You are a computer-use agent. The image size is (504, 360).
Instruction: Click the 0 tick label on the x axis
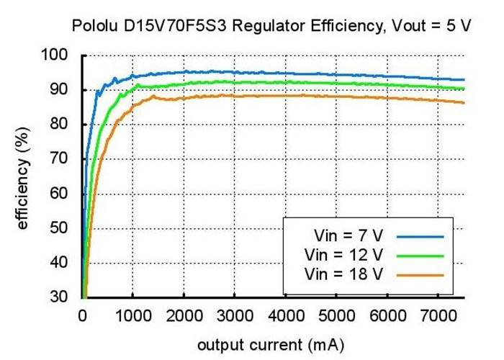pos(82,314)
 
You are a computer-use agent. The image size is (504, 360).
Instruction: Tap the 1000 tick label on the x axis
pos(132,314)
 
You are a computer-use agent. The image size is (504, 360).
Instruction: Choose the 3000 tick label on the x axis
pos(235,314)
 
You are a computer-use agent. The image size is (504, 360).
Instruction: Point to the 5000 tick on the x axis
pos(337,314)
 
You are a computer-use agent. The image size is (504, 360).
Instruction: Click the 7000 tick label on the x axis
pos(438,314)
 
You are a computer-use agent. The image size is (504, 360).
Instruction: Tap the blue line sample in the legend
pos(419,235)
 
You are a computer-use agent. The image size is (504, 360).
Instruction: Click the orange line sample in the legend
pos(419,274)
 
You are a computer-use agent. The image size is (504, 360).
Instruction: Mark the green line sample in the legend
pos(419,255)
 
